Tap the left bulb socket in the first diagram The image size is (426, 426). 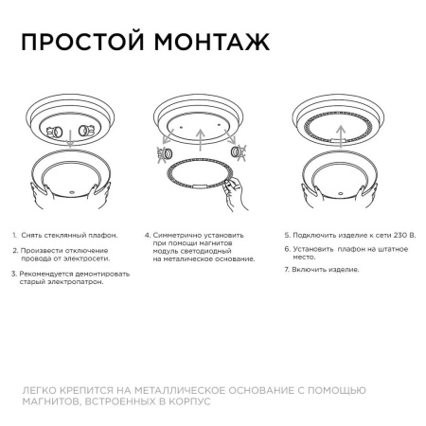(x=54, y=131)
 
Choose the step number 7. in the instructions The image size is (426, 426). (x=287, y=270)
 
